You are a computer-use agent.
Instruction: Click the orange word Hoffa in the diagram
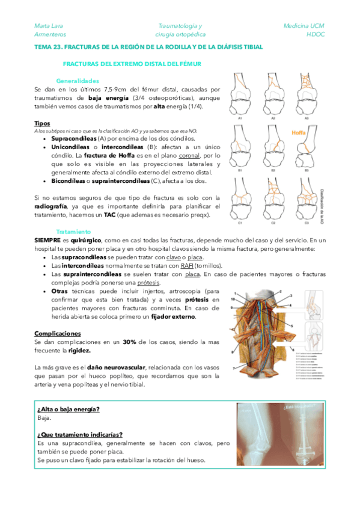pos(299,133)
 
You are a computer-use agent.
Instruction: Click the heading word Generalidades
pos(78,81)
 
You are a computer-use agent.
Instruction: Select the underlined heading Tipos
pos(42,123)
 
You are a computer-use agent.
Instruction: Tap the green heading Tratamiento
pos(73,231)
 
